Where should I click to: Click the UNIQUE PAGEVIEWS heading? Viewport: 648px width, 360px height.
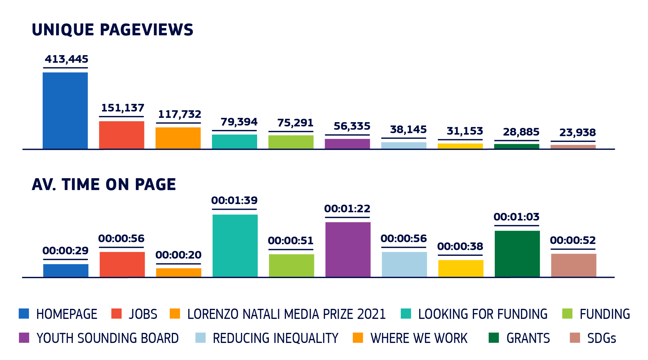[112, 30]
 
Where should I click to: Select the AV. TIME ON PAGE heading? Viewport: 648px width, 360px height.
[104, 185]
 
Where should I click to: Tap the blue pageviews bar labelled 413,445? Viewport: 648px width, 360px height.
[65, 111]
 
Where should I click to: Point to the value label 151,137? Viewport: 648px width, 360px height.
[122, 108]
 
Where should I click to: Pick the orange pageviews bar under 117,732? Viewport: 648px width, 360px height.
[178, 138]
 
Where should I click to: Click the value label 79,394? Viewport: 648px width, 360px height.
[239, 122]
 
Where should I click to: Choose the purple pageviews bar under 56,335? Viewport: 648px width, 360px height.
[347, 144]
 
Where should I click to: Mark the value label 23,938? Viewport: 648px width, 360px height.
[577, 133]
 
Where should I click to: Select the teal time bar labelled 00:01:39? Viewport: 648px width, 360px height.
[235, 246]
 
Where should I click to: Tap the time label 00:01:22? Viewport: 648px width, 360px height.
[347, 209]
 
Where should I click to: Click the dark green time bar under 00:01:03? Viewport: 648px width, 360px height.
[517, 254]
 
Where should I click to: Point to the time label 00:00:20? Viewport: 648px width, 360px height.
[179, 255]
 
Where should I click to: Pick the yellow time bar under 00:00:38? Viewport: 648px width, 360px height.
[461, 269]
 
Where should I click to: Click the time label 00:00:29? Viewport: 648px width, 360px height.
[66, 251]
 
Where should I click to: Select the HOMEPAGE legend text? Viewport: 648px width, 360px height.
[67, 314]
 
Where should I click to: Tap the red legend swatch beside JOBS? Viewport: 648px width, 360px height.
[116, 314]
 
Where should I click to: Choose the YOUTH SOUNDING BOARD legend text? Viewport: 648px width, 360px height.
[108, 338]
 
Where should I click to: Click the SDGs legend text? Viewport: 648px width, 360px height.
[602, 338]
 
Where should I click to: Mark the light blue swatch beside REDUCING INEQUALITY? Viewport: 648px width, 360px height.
[200, 338]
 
